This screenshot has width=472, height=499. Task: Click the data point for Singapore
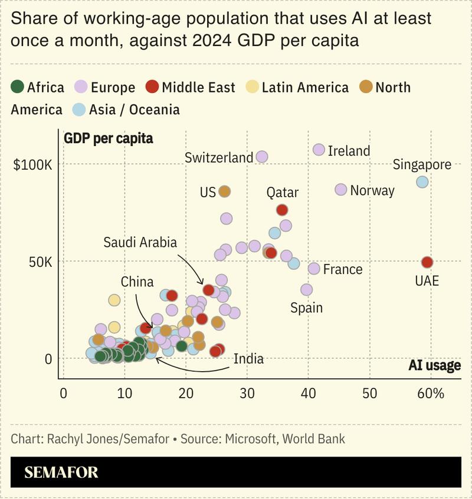pos(422,182)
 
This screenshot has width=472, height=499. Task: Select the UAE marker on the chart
pos(427,262)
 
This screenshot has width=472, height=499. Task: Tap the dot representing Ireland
pos(319,150)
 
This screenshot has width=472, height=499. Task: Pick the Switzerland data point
pos(262,157)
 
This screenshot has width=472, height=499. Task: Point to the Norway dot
pos(340,190)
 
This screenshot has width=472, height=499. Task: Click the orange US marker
pos(224,191)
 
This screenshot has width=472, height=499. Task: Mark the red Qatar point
pos(282,210)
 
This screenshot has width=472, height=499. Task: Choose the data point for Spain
pos(306,290)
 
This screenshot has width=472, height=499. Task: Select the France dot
pos(314,269)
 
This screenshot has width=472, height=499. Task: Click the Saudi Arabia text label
pos(140,242)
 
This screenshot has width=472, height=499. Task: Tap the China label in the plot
pos(137,282)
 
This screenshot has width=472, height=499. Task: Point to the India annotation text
pos(248,359)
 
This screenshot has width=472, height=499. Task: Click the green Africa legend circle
pos(18,87)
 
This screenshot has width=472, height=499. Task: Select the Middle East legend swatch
pos(153,87)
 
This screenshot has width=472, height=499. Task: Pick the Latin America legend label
pos(305,87)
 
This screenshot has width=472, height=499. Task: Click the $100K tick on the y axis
pos(32,164)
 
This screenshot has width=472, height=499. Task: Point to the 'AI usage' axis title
pos(434,365)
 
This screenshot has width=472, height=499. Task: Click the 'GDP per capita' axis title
pos(108,138)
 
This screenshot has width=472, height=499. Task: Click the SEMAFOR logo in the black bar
pos(61,472)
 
